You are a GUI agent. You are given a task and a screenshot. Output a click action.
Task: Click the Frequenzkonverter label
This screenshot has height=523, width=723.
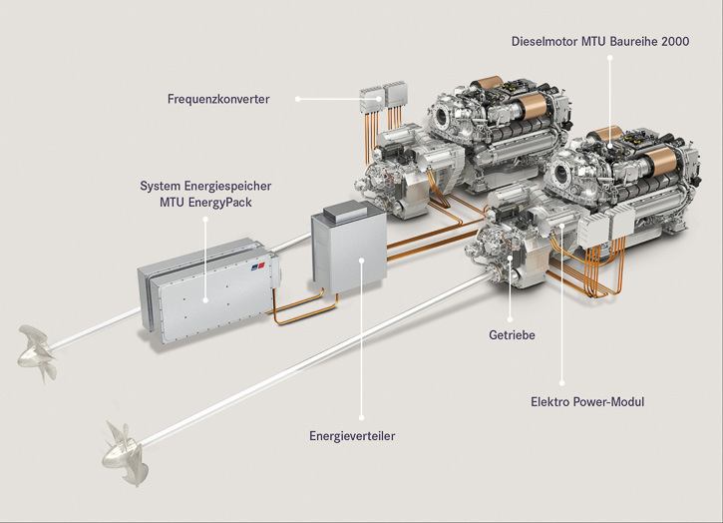(218, 99)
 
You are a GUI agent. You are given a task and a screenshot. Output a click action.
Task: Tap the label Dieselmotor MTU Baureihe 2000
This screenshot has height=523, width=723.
(600, 42)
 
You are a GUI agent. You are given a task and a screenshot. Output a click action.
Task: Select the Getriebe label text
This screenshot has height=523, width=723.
(512, 335)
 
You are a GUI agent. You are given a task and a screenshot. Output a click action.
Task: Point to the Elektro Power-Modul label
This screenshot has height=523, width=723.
(587, 401)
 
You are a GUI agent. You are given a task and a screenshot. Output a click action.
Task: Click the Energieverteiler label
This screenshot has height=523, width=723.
(352, 436)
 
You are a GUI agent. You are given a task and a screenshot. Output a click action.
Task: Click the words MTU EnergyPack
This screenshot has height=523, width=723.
(205, 203)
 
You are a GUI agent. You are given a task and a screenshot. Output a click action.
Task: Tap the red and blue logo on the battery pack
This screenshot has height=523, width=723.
(257, 267)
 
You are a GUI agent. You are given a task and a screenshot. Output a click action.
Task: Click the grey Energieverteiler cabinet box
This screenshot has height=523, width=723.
(349, 251)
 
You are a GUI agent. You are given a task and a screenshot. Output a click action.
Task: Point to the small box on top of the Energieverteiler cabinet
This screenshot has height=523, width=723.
(345, 211)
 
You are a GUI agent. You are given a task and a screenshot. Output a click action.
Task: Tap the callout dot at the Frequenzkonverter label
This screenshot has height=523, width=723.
(298, 99)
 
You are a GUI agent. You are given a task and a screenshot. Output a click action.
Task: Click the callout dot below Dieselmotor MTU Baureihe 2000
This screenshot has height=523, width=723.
(609, 58)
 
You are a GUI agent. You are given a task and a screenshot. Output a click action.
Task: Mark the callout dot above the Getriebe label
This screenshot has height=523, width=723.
(510, 319)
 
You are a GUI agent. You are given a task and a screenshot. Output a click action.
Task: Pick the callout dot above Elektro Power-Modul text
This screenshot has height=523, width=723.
(561, 382)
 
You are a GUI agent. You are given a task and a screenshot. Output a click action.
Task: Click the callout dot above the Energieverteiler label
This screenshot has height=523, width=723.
(361, 417)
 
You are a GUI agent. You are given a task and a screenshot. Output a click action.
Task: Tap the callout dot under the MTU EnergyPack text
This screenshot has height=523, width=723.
(205, 220)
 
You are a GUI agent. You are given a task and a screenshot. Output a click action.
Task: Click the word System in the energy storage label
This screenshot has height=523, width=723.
(160, 186)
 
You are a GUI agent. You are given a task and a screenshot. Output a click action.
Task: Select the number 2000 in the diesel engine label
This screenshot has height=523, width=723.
(675, 42)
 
